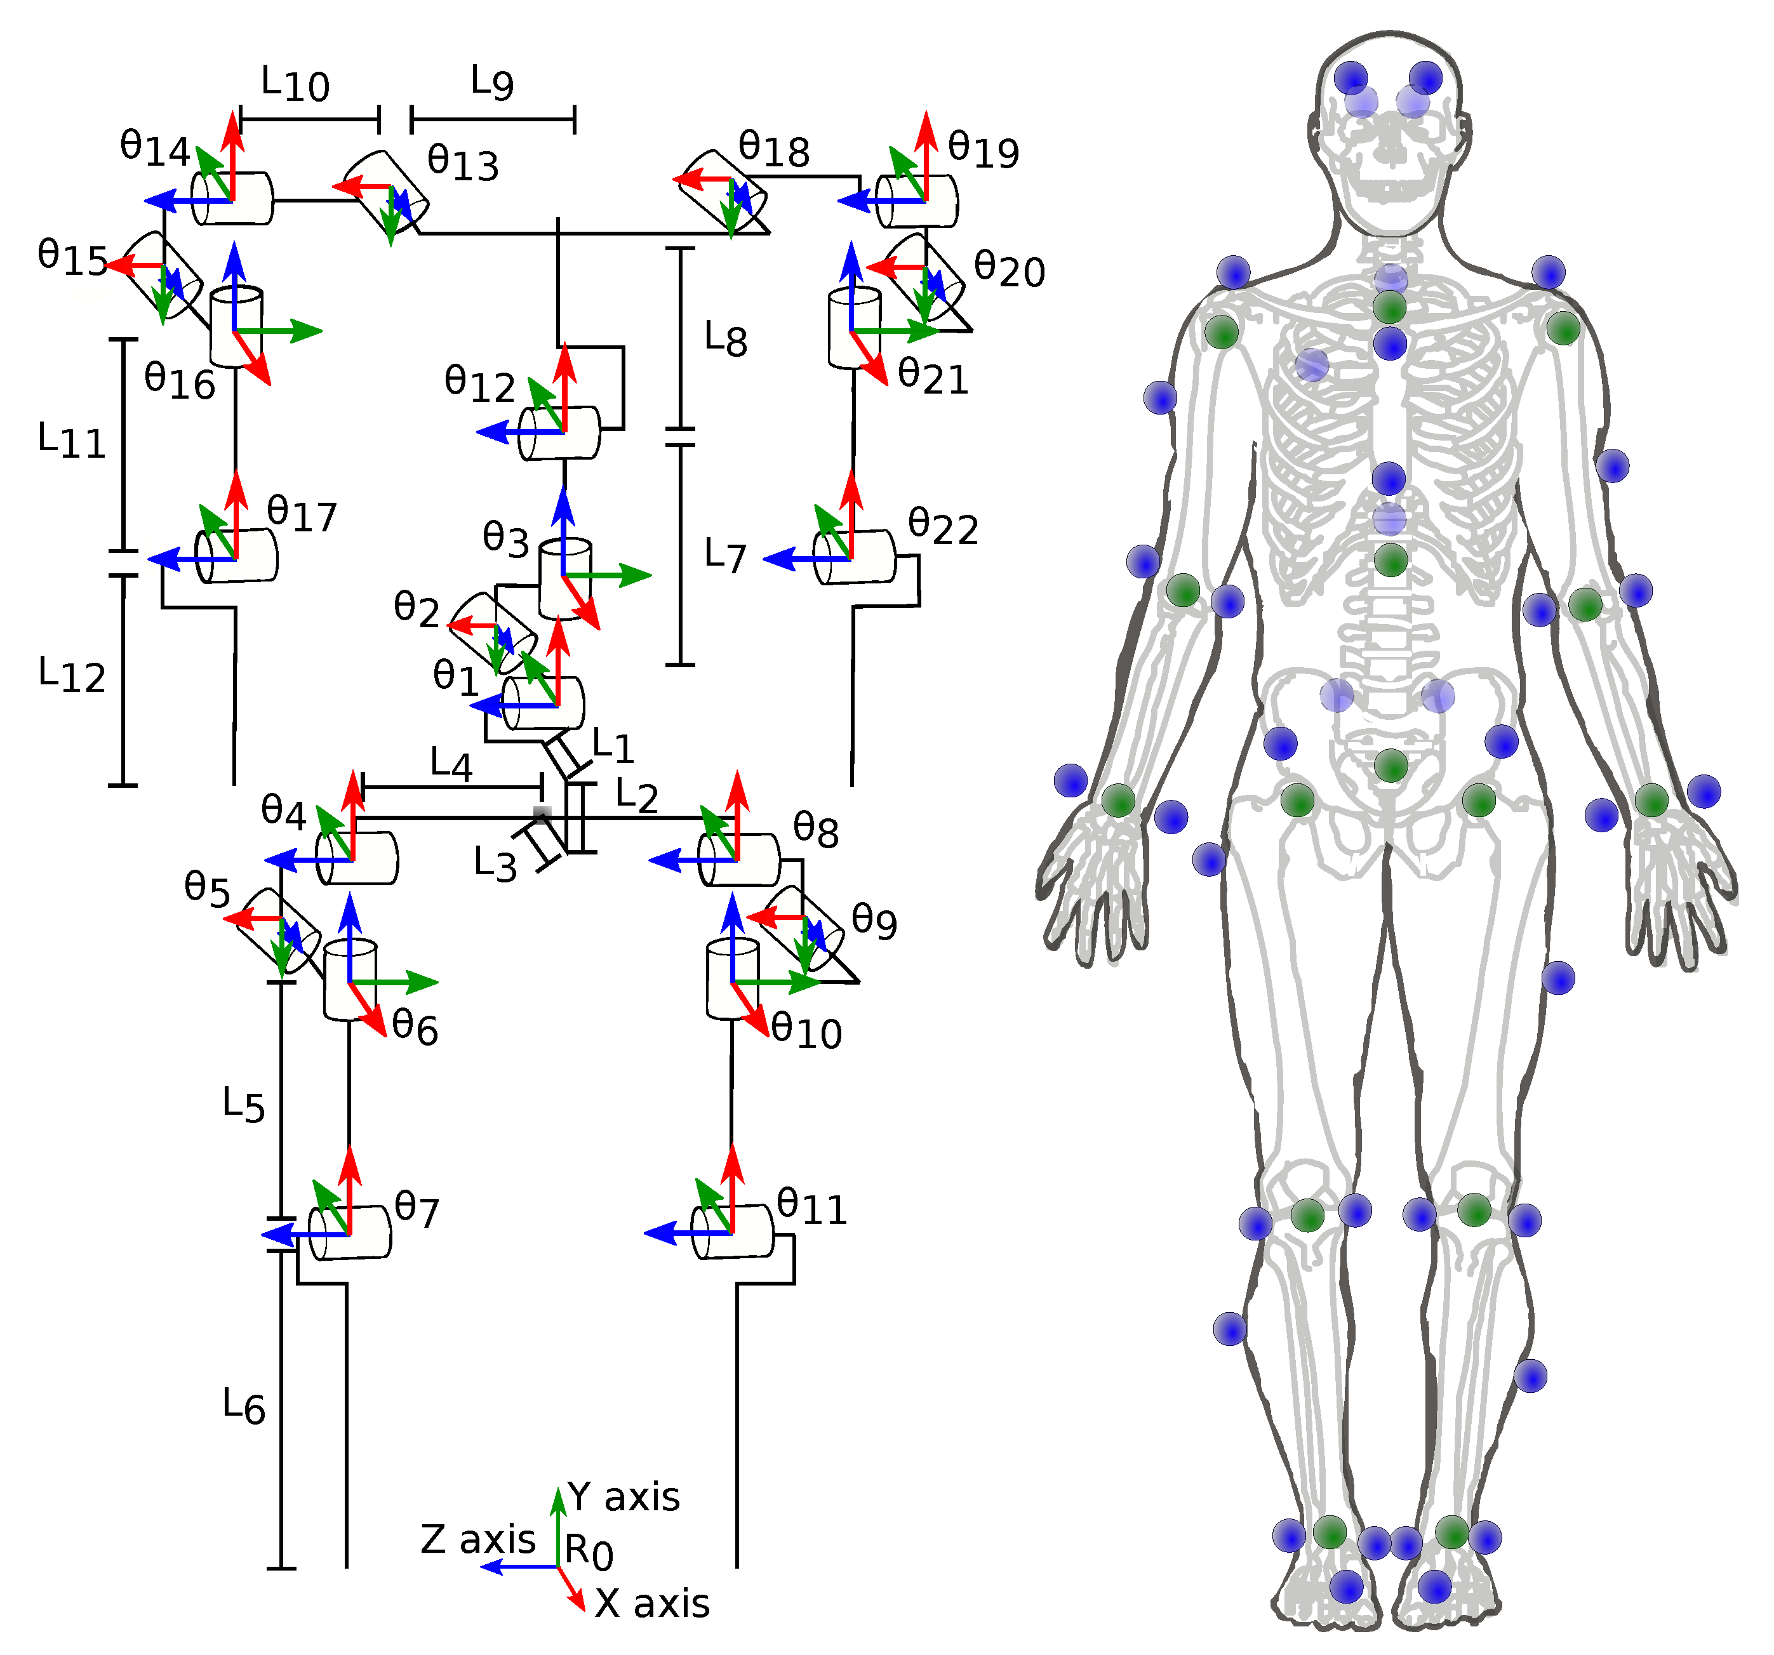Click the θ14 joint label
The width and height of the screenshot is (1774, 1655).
pos(154,147)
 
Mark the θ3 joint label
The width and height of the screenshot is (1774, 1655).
pos(505,539)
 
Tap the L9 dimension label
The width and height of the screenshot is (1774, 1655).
pos(491,83)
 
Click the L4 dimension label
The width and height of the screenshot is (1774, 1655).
pos(451,764)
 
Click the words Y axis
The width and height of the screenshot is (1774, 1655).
pos(623,1497)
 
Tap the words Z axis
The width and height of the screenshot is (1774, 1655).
pos(477,1539)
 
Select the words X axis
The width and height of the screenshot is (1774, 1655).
pos(651,1603)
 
